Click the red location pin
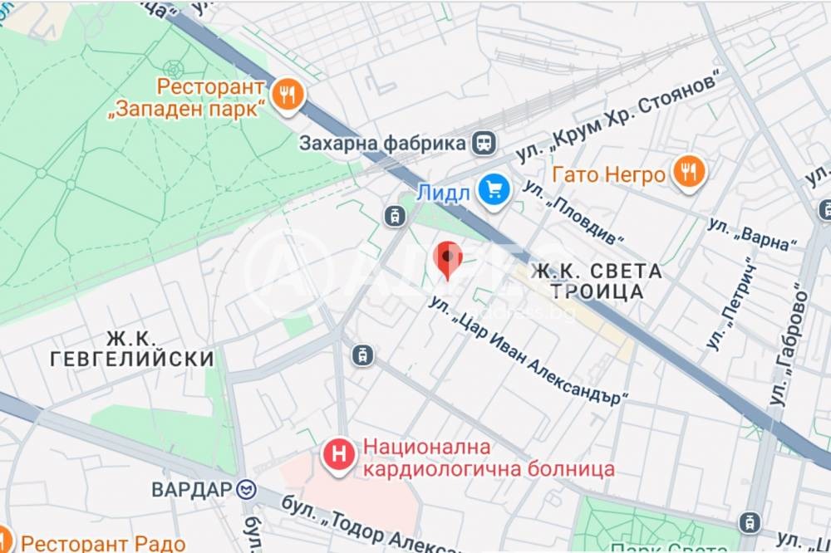click(449, 260)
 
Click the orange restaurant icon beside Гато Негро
click(688, 173)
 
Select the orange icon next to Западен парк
click(287, 95)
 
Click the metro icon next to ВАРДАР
click(247, 488)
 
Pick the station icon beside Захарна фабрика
click(484, 142)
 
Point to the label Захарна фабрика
click(382, 143)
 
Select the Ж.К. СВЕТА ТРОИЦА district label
click(597, 281)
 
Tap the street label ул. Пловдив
click(574, 214)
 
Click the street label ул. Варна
click(752, 233)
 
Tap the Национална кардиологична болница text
click(487, 459)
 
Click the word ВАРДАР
click(191, 489)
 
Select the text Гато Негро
click(609, 174)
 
